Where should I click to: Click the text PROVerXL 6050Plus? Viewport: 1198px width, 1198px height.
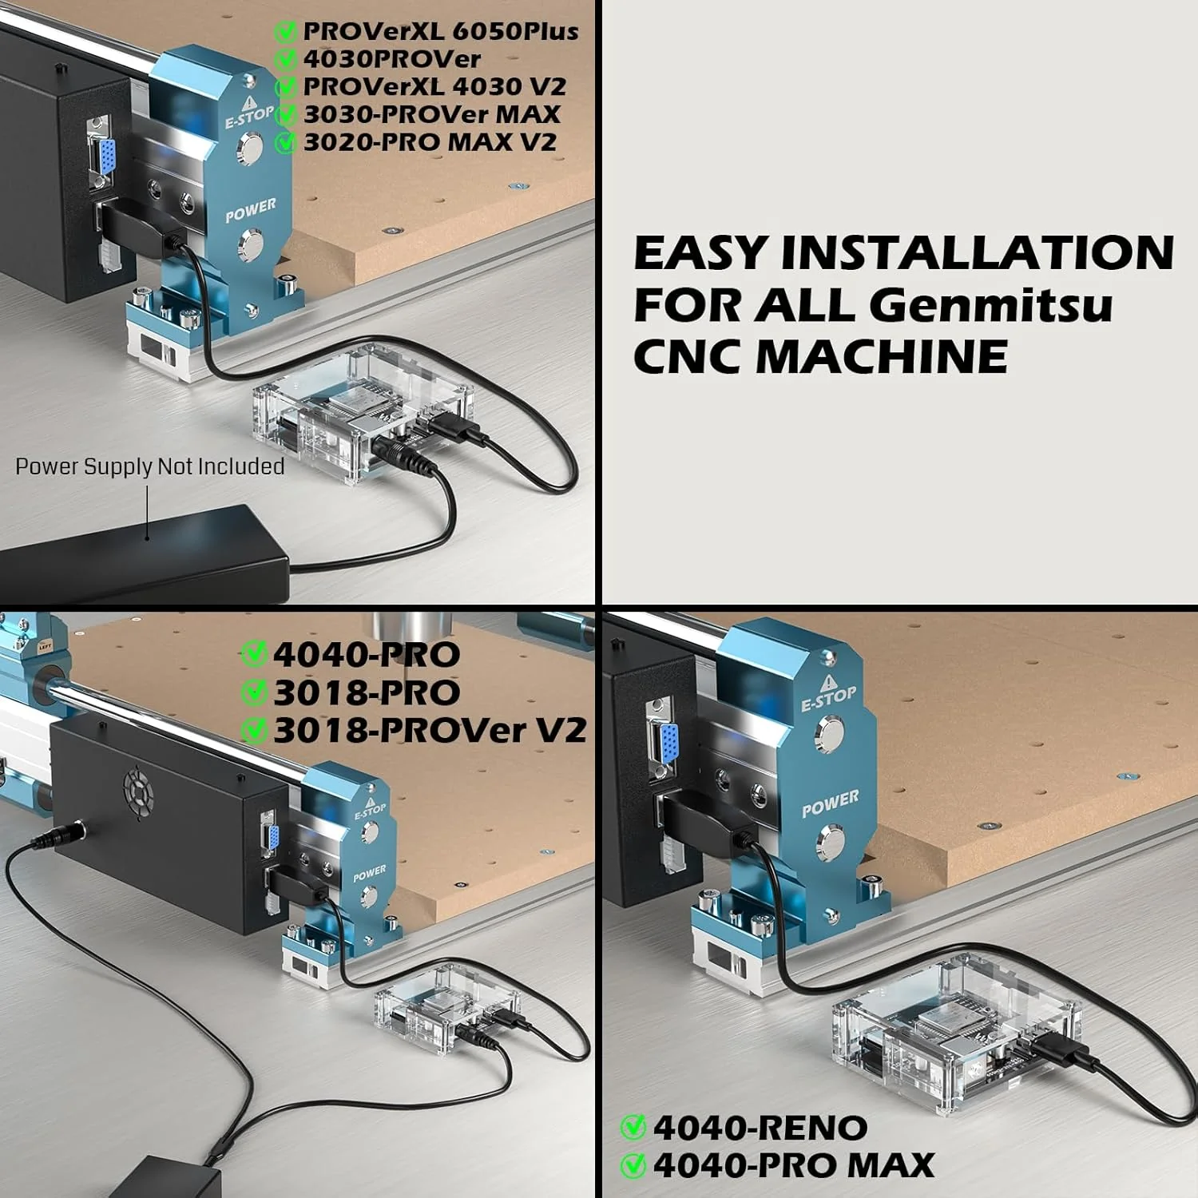click(x=441, y=31)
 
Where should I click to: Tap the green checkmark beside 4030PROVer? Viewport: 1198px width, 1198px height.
click(x=286, y=59)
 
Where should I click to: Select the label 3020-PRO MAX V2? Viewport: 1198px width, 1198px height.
click(x=430, y=142)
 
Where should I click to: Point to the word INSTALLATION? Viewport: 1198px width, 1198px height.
click(x=978, y=252)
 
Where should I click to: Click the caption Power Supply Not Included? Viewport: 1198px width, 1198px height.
click(x=150, y=466)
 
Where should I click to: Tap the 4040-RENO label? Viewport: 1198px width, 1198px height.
click(x=760, y=1128)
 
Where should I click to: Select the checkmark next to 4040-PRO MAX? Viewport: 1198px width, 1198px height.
click(x=633, y=1165)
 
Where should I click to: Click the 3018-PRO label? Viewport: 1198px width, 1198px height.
click(x=367, y=692)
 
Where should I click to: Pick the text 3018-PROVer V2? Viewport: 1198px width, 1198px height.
click(x=430, y=730)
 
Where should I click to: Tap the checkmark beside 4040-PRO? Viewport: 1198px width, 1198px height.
click(x=254, y=654)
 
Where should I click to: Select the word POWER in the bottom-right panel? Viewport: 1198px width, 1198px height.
click(x=831, y=803)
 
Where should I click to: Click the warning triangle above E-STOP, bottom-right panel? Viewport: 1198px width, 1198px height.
click(x=828, y=681)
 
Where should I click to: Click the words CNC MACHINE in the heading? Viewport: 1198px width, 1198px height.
click(x=820, y=356)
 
